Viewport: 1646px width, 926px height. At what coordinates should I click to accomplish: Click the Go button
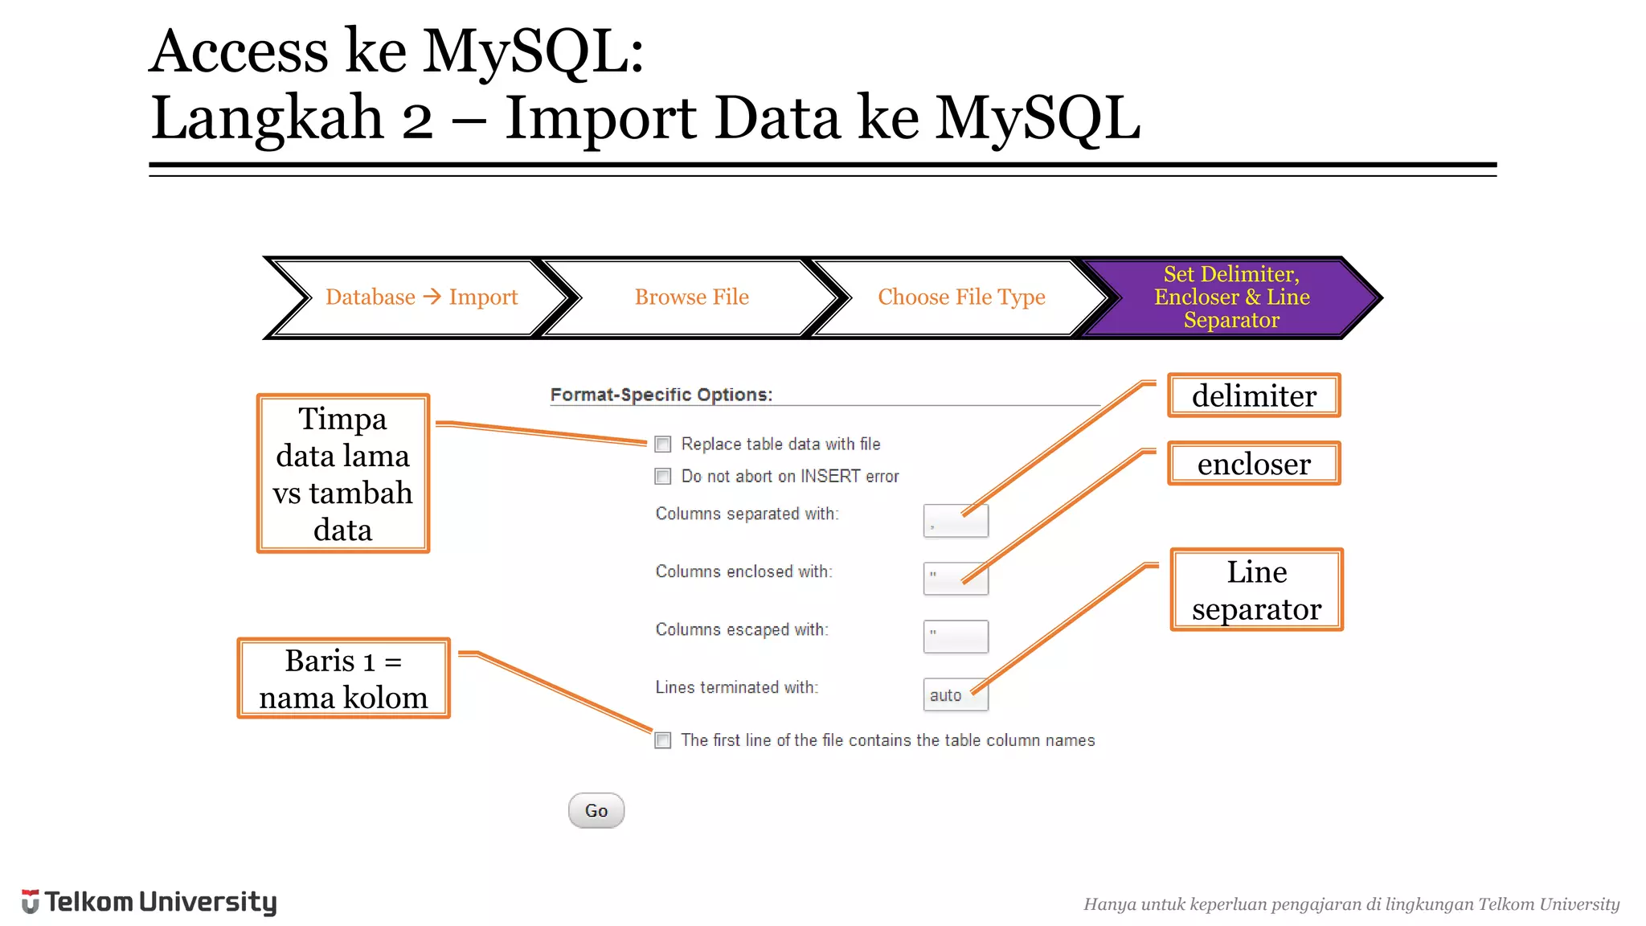[x=596, y=810]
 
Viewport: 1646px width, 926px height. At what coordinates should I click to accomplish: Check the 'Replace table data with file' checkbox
[x=663, y=444]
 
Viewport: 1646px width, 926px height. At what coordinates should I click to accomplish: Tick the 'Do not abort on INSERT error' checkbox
[x=663, y=476]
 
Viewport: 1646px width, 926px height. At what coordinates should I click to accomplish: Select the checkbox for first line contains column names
[x=663, y=740]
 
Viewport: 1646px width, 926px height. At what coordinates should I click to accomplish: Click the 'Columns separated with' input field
[x=955, y=521]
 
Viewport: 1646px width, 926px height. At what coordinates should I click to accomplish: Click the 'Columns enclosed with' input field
[x=955, y=579]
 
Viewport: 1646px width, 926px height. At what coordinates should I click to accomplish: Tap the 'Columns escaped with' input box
[x=955, y=637]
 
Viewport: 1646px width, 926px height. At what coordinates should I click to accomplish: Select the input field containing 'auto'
[x=955, y=694]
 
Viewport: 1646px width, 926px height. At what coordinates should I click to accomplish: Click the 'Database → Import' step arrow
[x=421, y=297]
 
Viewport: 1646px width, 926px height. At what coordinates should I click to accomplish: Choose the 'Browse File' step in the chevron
[x=691, y=297]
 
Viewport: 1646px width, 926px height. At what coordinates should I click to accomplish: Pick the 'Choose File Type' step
[x=961, y=297]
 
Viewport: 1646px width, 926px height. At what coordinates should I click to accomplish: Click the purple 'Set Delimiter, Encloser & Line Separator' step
[x=1231, y=297]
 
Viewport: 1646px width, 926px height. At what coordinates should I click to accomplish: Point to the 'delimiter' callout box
[x=1254, y=395]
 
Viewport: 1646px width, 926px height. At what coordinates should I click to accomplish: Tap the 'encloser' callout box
[x=1254, y=464]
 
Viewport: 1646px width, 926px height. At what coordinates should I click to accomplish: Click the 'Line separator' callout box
[x=1256, y=590]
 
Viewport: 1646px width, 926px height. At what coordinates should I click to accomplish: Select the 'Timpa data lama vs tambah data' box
[x=343, y=473]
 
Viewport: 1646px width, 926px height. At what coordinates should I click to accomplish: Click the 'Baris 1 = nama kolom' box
[x=343, y=678]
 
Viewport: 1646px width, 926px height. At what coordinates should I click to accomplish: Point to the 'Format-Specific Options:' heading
[x=661, y=395]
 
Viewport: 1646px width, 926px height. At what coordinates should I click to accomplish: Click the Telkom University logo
[x=149, y=902]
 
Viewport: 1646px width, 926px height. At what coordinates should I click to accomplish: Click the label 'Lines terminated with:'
[x=736, y=687]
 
